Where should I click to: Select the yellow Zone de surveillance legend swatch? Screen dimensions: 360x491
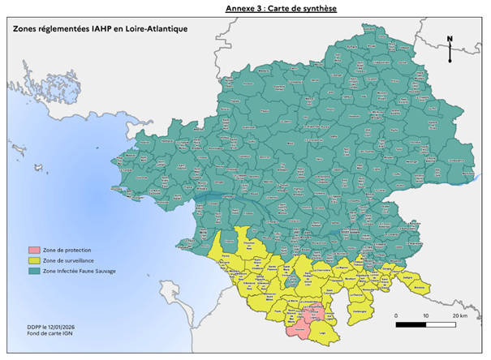[x=33, y=261]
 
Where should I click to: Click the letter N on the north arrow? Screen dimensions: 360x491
[x=450, y=39]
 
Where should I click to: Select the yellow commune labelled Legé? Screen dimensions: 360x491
[x=323, y=332]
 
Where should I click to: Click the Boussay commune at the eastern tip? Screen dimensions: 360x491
[x=420, y=287]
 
